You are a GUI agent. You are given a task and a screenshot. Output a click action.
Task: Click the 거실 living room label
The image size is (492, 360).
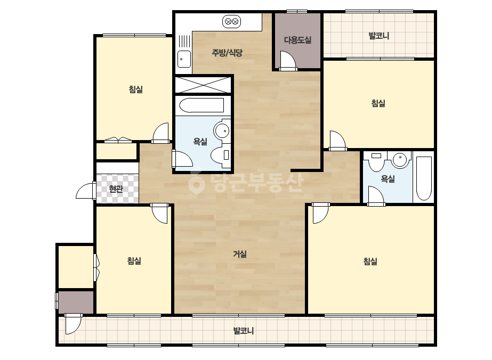click(x=240, y=254)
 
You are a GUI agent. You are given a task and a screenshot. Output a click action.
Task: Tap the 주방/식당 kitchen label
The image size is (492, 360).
click(x=227, y=53)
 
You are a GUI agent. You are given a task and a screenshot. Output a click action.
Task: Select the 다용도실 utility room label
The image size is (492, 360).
click(x=298, y=40)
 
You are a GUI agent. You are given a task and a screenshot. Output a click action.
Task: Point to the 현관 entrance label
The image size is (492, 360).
click(x=116, y=189)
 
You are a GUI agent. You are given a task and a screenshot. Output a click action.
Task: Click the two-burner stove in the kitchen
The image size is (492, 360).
click(x=231, y=22)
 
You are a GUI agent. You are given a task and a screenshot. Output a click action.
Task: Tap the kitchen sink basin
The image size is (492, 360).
click(x=184, y=59)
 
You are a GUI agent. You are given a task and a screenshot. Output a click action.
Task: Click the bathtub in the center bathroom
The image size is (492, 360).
click(x=201, y=105)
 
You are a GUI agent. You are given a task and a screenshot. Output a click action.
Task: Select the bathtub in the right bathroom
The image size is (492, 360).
click(x=424, y=178)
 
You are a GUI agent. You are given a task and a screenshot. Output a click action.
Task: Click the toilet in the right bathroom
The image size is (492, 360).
click(x=376, y=160)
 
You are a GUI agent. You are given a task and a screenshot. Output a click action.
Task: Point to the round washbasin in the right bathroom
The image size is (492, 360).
click(x=400, y=159)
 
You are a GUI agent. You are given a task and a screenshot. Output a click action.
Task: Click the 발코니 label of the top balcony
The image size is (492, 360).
click(x=378, y=36)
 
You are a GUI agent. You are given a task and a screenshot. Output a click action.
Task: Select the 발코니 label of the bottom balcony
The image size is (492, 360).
click(x=244, y=331)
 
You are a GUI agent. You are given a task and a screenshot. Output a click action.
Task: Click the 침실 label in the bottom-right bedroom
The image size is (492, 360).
click(x=370, y=261)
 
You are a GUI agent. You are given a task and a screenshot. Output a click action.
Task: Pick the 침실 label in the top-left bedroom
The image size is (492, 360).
click(x=136, y=89)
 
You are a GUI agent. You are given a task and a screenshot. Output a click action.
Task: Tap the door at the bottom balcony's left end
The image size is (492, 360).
click(x=74, y=324)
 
